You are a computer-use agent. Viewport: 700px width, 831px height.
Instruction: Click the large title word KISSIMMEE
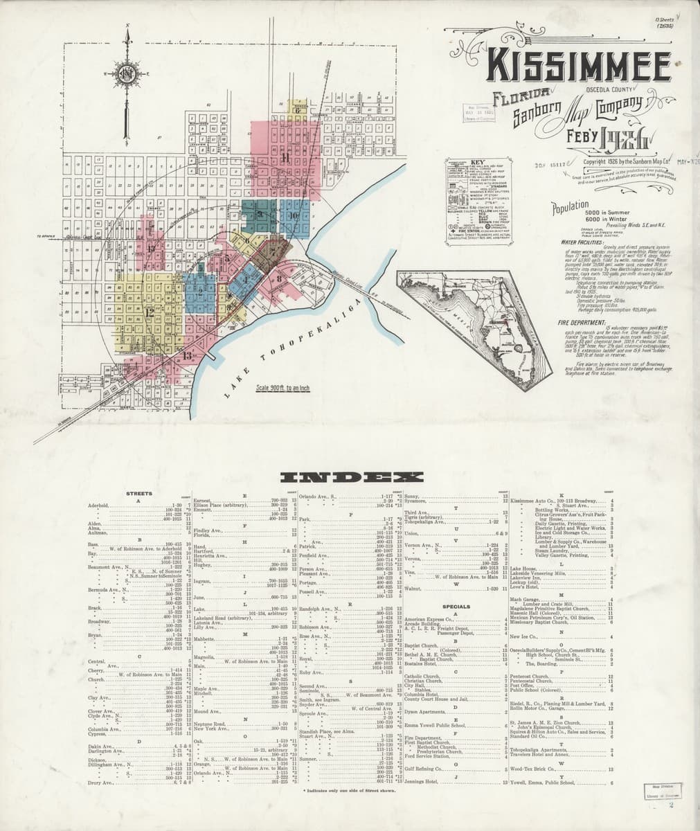click(x=579, y=66)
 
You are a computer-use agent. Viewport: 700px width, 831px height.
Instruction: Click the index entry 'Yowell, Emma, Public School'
click(x=542, y=783)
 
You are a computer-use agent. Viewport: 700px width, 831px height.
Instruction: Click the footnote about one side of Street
click(x=346, y=790)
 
